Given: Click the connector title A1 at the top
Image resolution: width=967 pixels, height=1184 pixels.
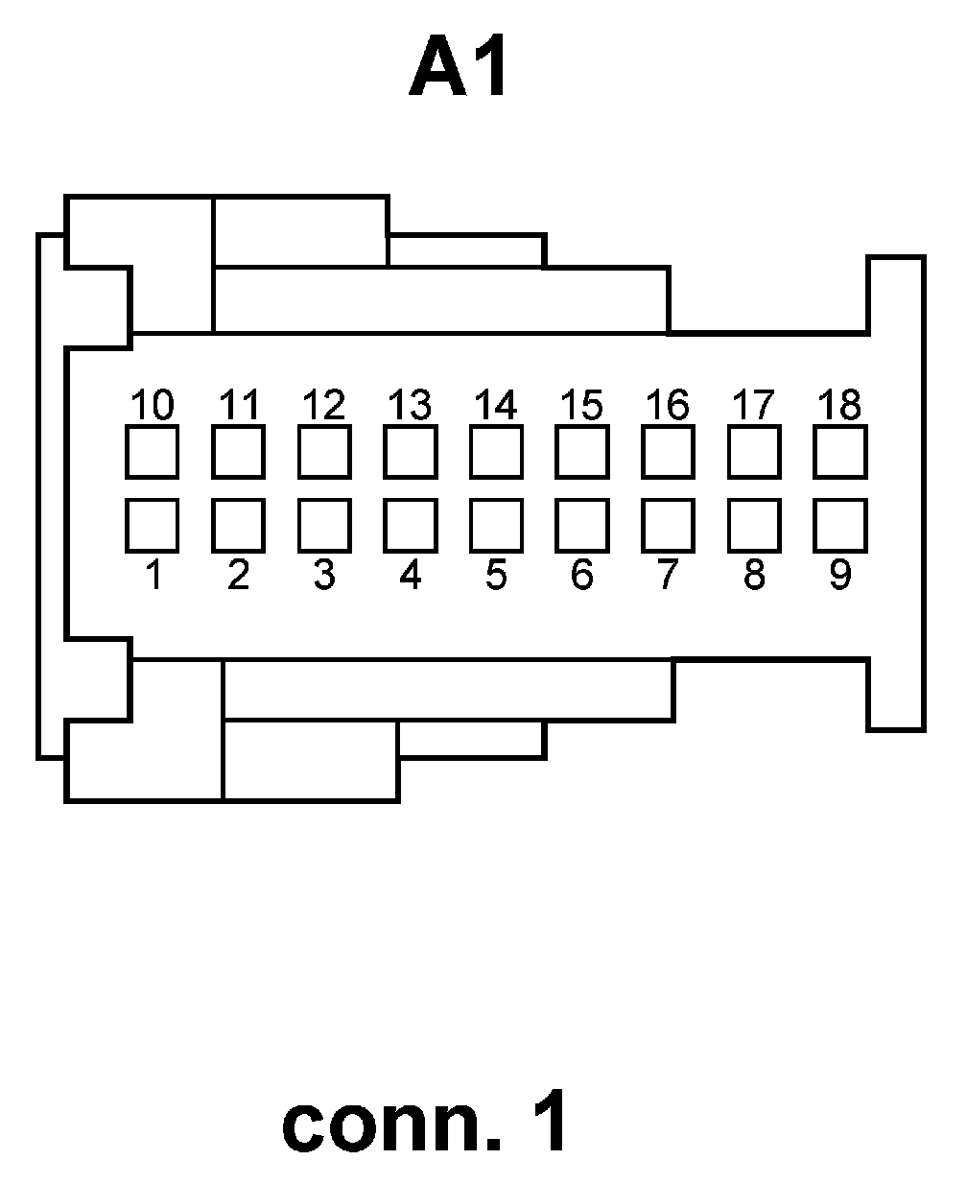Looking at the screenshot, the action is pyautogui.click(x=459, y=69).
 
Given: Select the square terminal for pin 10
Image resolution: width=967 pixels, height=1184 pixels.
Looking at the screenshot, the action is pyautogui.click(x=152, y=451).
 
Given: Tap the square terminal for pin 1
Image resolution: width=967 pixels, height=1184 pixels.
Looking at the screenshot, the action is pyautogui.click(x=152, y=525).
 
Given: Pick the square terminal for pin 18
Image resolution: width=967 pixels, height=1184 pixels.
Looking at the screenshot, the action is pyautogui.click(x=839, y=451).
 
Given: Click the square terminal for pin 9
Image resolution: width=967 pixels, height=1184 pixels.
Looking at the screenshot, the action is pyautogui.click(x=839, y=525).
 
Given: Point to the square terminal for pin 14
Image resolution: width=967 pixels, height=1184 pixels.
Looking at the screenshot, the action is pyautogui.click(x=496, y=451).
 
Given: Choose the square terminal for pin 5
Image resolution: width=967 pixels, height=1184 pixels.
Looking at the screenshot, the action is pyautogui.click(x=496, y=525).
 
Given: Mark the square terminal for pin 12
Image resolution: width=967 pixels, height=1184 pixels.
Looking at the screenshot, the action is pyautogui.click(x=324, y=451).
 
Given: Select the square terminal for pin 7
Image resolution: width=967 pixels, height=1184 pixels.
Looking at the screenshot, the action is pyautogui.click(x=668, y=525).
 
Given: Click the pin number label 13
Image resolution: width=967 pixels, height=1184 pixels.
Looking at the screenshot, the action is pyautogui.click(x=410, y=405).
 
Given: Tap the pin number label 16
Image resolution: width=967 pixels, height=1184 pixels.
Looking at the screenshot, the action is pyautogui.click(x=668, y=405).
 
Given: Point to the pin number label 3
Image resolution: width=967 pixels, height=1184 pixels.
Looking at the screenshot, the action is pyautogui.click(x=324, y=576).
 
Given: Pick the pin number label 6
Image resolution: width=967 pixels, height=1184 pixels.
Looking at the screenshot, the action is pyautogui.click(x=581, y=576).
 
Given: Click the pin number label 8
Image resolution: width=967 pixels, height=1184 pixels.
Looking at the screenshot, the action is pyautogui.click(x=754, y=576).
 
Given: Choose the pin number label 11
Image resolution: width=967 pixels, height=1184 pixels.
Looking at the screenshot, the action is pyautogui.click(x=238, y=405).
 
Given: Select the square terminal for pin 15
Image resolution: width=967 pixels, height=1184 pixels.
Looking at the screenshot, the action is pyautogui.click(x=581, y=451).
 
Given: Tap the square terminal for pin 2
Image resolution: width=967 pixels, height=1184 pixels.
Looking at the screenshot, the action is pyautogui.click(x=238, y=525).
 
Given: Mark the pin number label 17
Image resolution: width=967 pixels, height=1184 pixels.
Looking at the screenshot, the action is pyautogui.click(x=754, y=405).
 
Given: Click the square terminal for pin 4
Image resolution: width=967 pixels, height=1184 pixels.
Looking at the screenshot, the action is pyautogui.click(x=410, y=525).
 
